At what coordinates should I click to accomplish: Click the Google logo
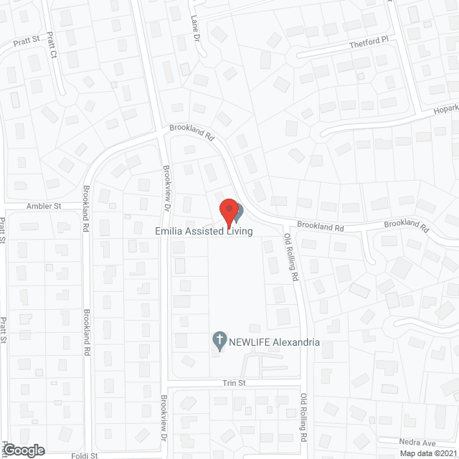23,450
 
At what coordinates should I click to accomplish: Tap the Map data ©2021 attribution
428,453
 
